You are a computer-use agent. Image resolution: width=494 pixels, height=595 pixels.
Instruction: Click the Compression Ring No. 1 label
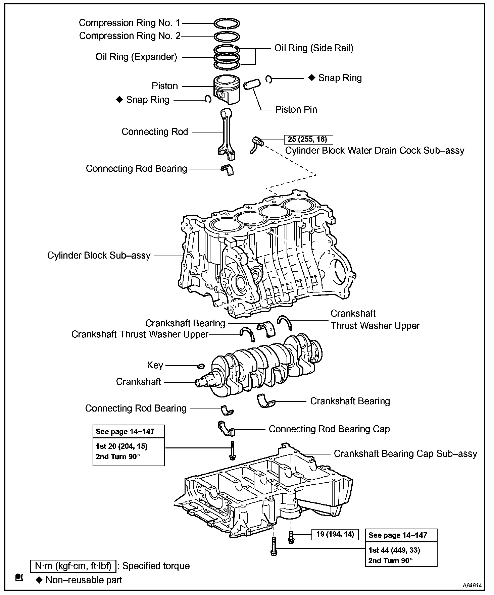pyautogui.click(x=130, y=23)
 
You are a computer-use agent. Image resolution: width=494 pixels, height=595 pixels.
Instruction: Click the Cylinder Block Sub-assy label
pyautogui.click(x=99, y=256)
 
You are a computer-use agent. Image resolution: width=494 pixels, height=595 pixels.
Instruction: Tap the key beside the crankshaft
pyautogui.click(x=201, y=365)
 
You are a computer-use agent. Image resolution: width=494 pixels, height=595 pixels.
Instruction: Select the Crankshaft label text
pyautogui.click(x=139, y=382)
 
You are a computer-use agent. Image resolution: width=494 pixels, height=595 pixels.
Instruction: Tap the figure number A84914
pyautogui.click(x=472, y=585)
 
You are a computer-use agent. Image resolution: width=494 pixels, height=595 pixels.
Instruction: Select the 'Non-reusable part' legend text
pyautogui.click(x=84, y=580)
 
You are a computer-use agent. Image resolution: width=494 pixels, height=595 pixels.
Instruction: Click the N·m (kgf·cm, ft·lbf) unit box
pyautogui.click(x=73, y=566)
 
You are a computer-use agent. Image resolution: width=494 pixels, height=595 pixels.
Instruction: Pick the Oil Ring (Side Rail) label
pyautogui.click(x=314, y=48)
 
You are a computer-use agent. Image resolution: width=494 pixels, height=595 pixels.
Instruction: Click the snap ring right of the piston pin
pyautogui.click(x=268, y=79)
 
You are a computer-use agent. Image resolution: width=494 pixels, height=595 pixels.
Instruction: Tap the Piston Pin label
pyautogui.click(x=296, y=110)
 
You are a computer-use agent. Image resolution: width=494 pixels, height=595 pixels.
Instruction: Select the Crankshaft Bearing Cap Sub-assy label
pyautogui.click(x=405, y=454)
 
